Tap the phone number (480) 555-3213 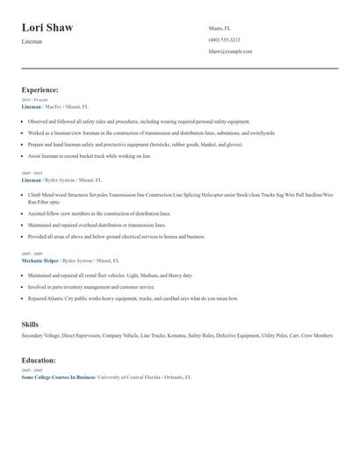[x=224, y=39]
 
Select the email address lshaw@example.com [x=230, y=51]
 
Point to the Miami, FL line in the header [x=220, y=28]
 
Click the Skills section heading [x=29, y=325]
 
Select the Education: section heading [x=39, y=360]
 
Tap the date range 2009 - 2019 [x=31, y=174]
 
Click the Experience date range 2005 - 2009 [x=31, y=253]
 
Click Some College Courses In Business [x=58, y=376]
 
